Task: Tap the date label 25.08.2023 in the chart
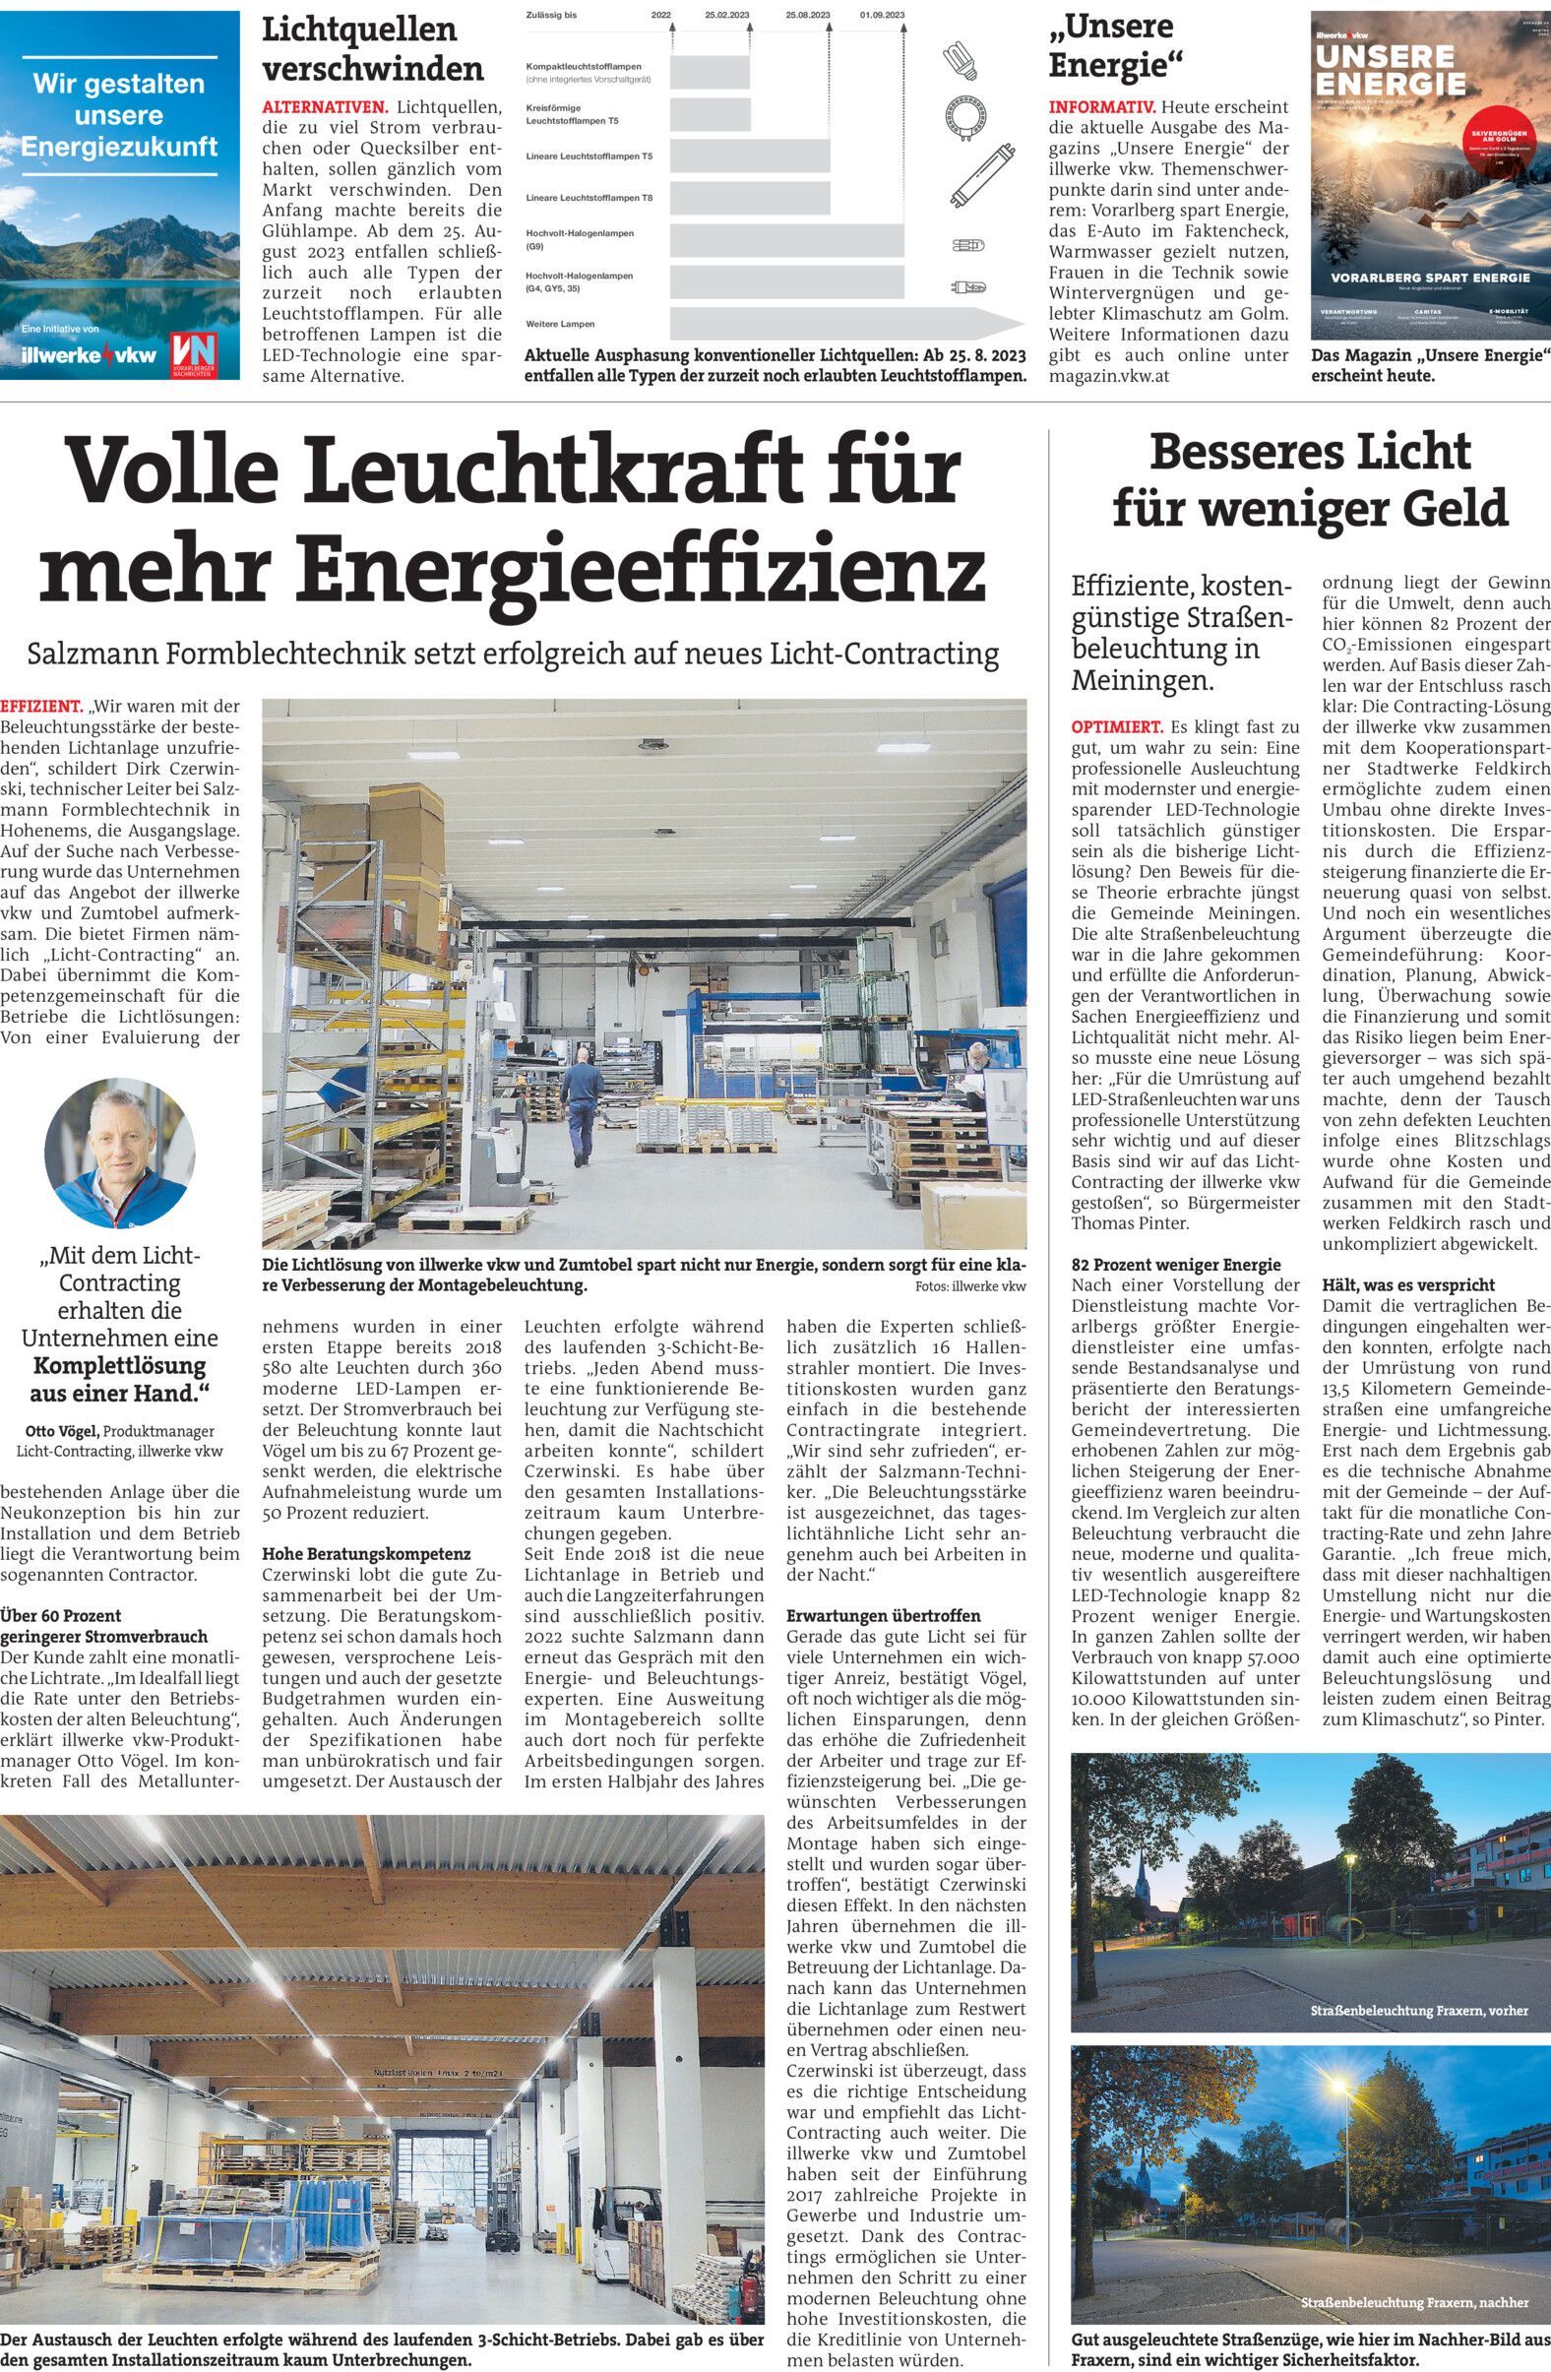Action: [807, 16]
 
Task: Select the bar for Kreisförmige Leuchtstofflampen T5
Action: [710, 113]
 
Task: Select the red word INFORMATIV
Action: [1101, 106]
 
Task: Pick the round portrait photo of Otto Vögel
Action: [120, 1153]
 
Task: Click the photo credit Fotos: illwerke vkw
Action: [970, 1285]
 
